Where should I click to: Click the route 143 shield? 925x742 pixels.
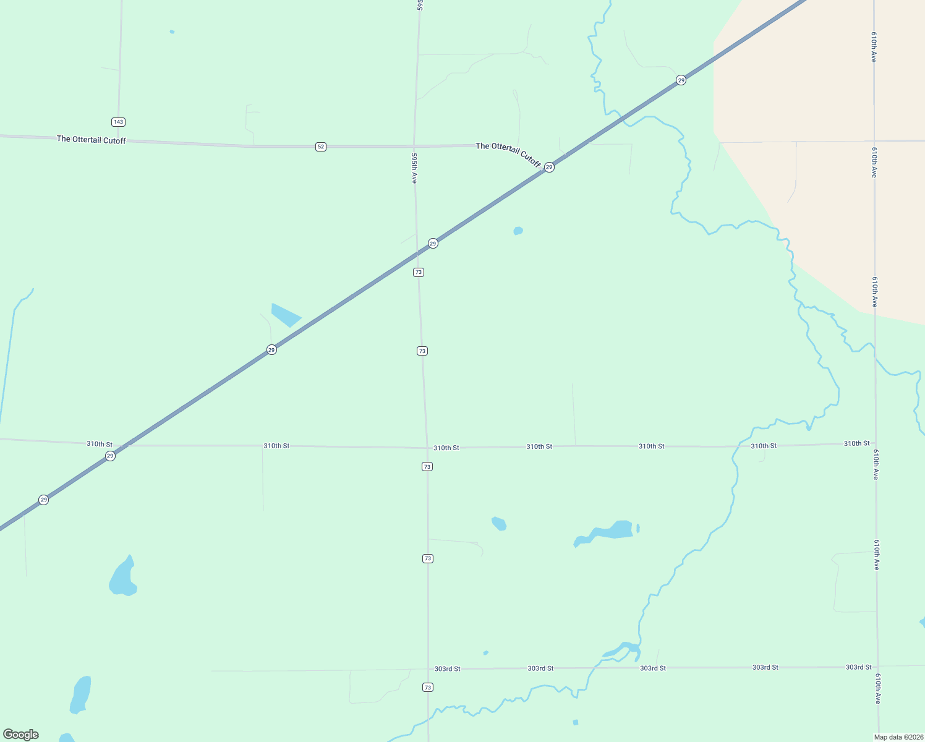click(119, 122)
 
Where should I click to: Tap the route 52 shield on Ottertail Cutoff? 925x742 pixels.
click(320, 147)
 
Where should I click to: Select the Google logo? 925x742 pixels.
click(21, 735)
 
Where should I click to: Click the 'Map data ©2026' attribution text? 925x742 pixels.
click(898, 737)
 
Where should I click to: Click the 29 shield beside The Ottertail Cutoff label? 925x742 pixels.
click(549, 167)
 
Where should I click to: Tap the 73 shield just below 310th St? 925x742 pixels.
click(427, 466)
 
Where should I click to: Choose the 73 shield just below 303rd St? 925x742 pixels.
click(428, 688)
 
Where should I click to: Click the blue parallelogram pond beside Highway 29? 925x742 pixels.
click(285, 315)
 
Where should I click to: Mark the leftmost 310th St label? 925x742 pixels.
click(100, 444)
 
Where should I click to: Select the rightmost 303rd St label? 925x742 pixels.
click(858, 667)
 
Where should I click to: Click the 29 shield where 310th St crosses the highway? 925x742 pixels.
click(110, 456)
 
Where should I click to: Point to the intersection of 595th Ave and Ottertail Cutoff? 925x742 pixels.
click(414, 146)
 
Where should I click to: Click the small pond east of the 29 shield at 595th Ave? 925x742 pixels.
click(518, 231)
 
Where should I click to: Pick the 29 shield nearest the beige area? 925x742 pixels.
click(681, 80)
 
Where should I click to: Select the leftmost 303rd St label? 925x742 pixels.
click(447, 668)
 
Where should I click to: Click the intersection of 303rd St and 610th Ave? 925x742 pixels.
click(877, 667)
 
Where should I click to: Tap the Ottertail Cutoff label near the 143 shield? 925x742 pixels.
click(92, 140)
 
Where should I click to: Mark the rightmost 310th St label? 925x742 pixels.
click(856, 443)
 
